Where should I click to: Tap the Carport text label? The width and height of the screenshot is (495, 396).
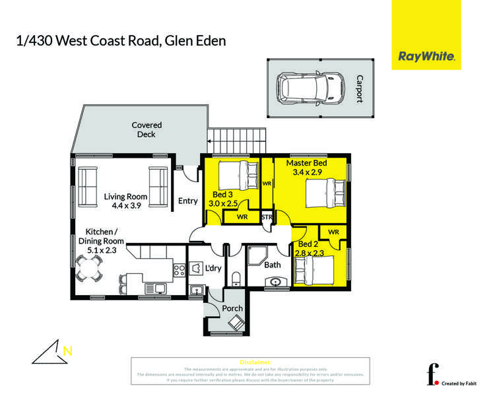pyautogui.click(x=359, y=88)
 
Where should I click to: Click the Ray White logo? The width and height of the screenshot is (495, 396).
pyautogui.click(x=426, y=57)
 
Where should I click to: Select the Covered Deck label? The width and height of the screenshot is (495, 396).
pyautogui.click(x=147, y=129)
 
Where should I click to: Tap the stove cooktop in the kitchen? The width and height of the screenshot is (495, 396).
pyautogui.click(x=179, y=269)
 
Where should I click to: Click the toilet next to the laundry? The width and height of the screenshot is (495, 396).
pyautogui.click(x=236, y=278)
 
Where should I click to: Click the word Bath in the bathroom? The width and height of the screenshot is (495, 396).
pyautogui.click(x=273, y=265)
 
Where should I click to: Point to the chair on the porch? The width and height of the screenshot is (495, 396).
pyautogui.click(x=235, y=323)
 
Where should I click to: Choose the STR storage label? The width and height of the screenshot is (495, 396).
pyautogui.click(x=267, y=216)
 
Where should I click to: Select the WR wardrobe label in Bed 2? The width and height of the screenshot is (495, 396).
pyautogui.click(x=333, y=232)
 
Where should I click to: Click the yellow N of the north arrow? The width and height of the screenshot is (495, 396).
pyautogui.click(x=67, y=350)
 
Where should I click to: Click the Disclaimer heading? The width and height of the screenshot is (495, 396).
pyautogui.click(x=255, y=362)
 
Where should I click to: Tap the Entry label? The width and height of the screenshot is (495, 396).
pyautogui.click(x=188, y=201)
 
